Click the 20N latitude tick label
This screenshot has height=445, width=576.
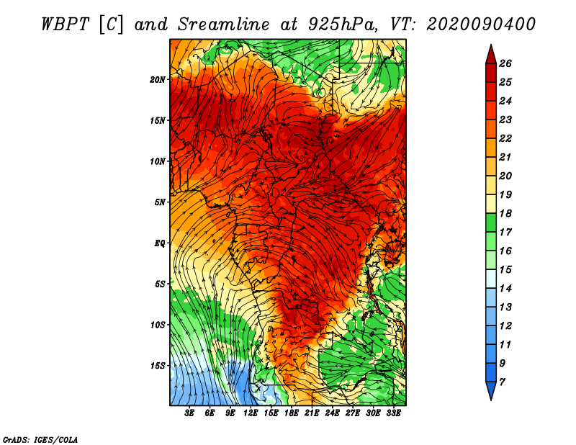(x=158, y=80)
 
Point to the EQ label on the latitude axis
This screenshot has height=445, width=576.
(x=160, y=243)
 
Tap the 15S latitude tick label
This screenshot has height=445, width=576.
(x=158, y=366)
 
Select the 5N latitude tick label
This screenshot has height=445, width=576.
(x=160, y=202)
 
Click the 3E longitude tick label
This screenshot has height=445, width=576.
(x=189, y=413)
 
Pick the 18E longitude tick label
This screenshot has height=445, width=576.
(x=292, y=413)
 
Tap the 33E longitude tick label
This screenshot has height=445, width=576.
(x=393, y=413)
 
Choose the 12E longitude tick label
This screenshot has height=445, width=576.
(x=251, y=413)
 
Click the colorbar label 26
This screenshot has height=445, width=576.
(x=505, y=63)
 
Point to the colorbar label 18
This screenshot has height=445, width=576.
(x=505, y=213)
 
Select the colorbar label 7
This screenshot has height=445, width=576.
(x=502, y=382)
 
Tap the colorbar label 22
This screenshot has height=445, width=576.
(x=505, y=138)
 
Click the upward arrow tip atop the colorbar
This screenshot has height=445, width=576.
(x=491, y=45)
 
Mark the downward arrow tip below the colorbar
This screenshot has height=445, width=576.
(x=491, y=400)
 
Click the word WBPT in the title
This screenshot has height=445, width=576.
(x=66, y=24)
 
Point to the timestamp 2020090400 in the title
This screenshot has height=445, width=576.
(x=481, y=24)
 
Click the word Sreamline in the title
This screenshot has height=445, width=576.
(x=224, y=24)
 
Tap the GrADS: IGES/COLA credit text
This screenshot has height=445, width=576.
(x=40, y=439)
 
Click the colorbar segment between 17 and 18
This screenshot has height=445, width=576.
(x=491, y=223)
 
